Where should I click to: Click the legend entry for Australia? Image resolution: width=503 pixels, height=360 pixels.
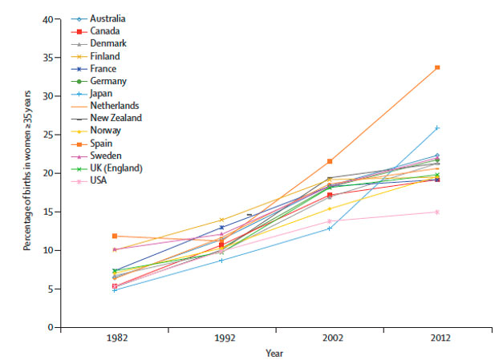point(107,18)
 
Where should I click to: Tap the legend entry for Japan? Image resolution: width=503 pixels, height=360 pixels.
point(103,93)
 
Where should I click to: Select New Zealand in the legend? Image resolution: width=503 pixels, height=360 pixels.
point(117,118)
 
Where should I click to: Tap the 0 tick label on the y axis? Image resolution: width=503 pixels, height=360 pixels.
point(50,328)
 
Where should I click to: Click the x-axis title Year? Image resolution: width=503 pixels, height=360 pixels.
point(275,353)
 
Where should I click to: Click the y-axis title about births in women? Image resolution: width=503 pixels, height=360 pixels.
point(26,174)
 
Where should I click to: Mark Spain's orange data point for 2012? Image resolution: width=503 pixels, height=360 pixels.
point(436,67)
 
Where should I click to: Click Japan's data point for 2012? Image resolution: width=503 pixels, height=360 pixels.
point(436,127)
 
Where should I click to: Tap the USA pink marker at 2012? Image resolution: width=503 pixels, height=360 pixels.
point(436,212)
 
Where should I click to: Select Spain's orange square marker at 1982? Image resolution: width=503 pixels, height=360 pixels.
point(116,236)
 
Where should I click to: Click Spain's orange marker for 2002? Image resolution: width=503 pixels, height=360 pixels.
point(329,161)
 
